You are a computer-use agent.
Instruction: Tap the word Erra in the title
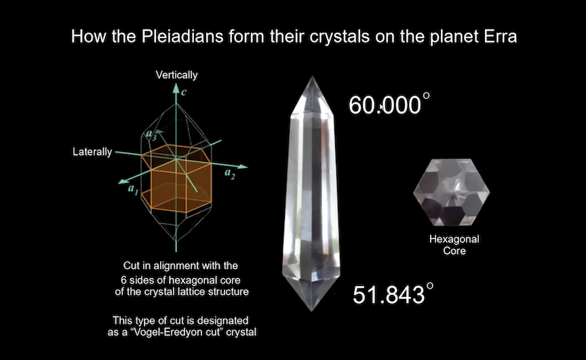click(x=501, y=37)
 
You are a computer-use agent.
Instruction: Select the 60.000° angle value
click(x=389, y=104)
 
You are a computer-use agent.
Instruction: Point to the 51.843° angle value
click(x=393, y=294)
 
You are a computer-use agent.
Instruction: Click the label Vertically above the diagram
click(x=176, y=75)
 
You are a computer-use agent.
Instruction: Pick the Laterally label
click(x=92, y=152)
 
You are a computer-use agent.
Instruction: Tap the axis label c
click(x=184, y=92)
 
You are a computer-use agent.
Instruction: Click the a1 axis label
click(x=133, y=189)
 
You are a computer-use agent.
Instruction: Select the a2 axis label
click(x=230, y=174)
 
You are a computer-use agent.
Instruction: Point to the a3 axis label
click(x=151, y=134)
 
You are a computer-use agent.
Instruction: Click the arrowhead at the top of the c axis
click(x=176, y=88)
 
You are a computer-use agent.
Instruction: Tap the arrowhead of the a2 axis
click(x=243, y=166)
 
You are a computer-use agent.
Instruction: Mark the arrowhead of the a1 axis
click(x=123, y=181)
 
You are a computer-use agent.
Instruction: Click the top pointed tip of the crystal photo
click(x=312, y=77)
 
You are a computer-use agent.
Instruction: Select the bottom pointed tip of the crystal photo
click(x=312, y=311)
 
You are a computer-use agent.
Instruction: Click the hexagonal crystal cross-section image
click(x=452, y=193)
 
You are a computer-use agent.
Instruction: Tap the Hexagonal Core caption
click(x=454, y=245)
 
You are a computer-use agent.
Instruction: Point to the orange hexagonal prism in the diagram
click(x=176, y=179)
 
